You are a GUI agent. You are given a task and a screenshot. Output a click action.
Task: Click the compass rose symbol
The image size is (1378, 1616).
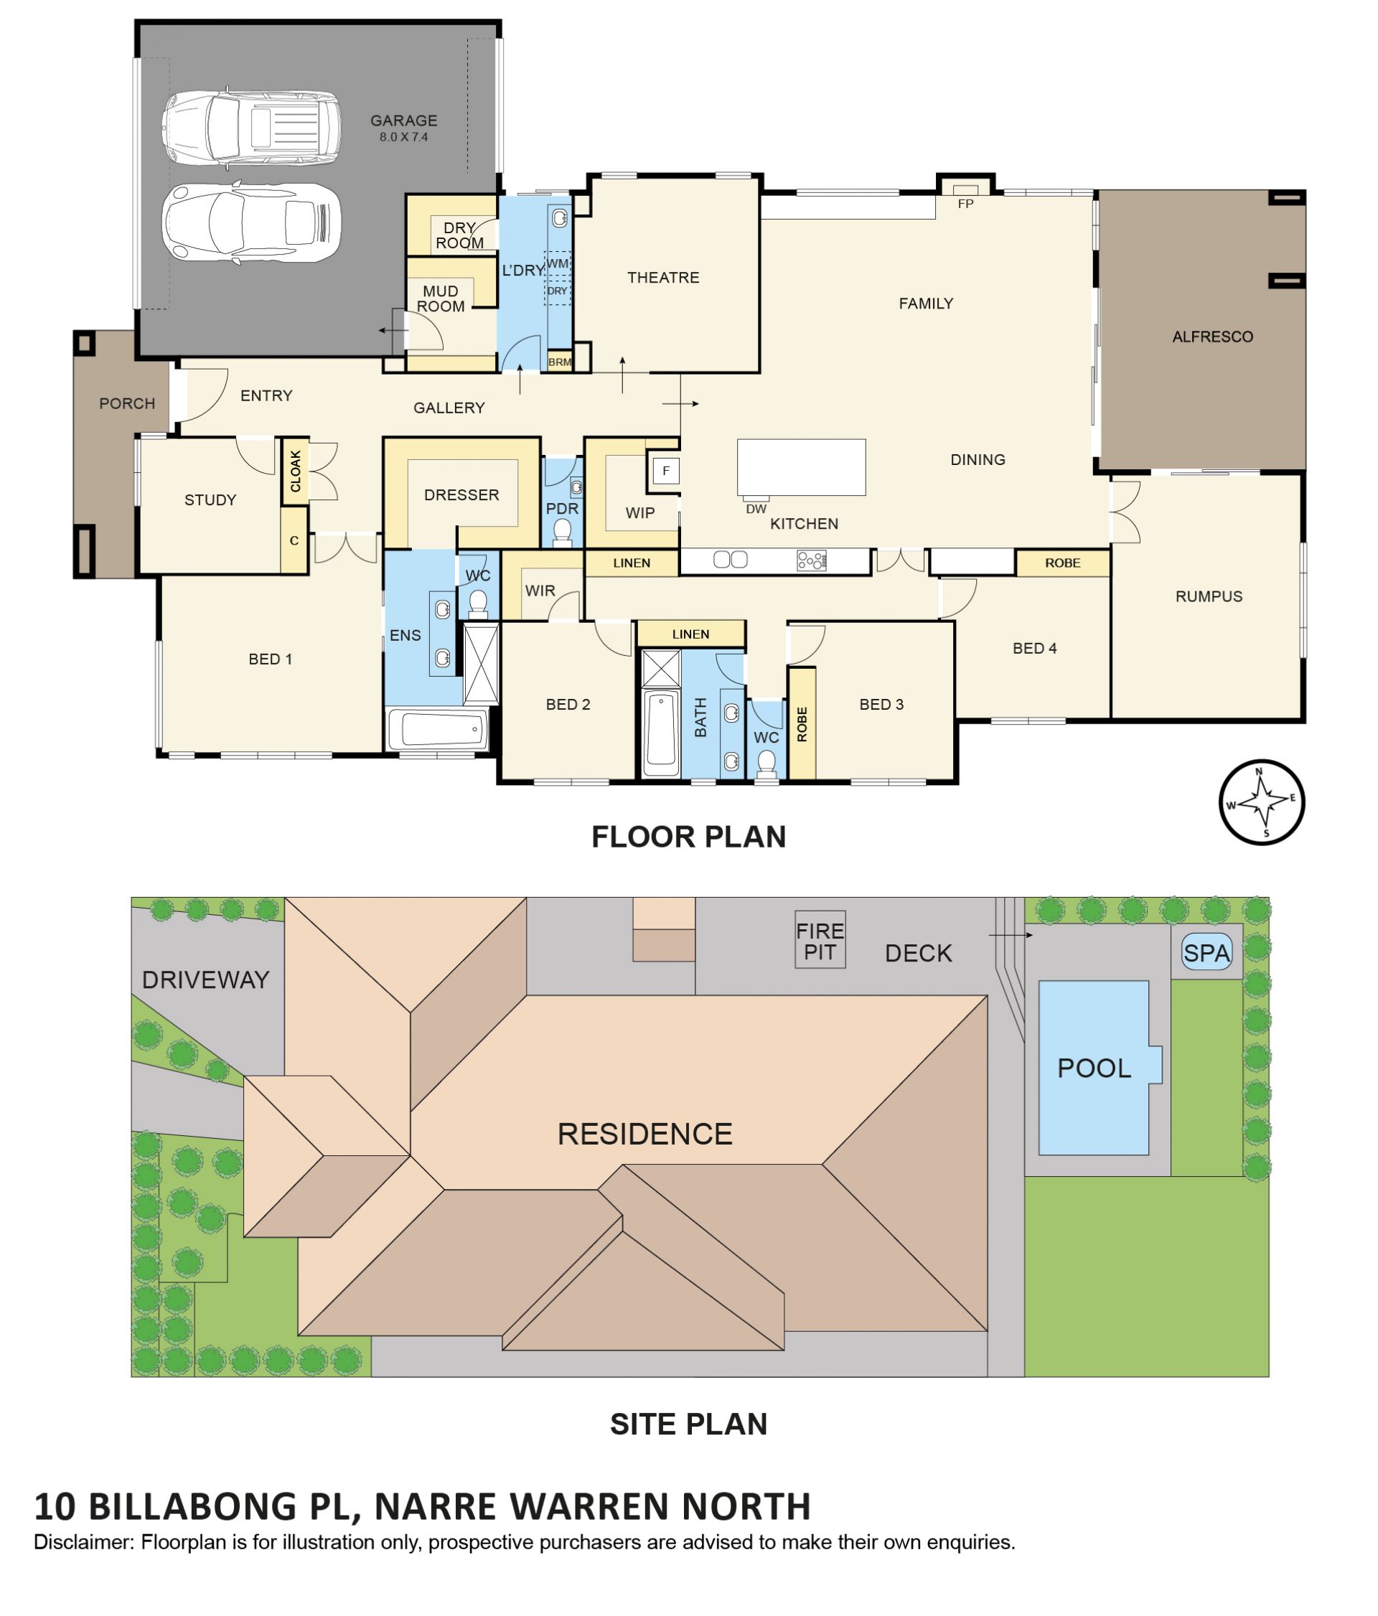pyautogui.click(x=1260, y=801)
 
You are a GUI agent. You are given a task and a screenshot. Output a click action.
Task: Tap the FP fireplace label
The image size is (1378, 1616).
pyautogui.click(x=965, y=204)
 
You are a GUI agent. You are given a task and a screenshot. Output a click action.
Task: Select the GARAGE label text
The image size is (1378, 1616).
pyautogui.click(x=403, y=121)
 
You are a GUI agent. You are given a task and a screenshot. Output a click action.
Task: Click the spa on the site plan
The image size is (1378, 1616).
pyautogui.click(x=1206, y=952)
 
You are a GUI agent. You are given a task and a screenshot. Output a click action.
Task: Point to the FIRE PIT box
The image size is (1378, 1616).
pyautogui.click(x=820, y=940)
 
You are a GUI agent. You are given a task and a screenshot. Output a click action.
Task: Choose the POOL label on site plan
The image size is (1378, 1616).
pyautogui.click(x=1093, y=1068)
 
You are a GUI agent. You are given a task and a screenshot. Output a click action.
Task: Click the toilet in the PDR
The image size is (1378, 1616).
pyautogui.click(x=561, y=532)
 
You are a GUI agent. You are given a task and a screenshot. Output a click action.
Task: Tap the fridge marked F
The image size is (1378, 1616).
pyautogui.click(x=665, y=470)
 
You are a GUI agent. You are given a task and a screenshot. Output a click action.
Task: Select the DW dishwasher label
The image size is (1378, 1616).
pyautogui.click(x=756, y=509)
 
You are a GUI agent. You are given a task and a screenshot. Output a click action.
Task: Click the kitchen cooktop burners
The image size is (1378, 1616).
pyautogui.click(x=811, y=560)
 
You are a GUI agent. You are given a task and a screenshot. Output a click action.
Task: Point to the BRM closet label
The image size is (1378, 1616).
pyautogui.click(x=559, y=362)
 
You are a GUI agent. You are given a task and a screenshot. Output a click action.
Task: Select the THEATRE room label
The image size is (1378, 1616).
pyautogui.click(x=663, y=278)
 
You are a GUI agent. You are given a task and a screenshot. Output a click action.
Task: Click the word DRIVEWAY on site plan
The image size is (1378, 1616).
pyautogui.click(x=205, y=980)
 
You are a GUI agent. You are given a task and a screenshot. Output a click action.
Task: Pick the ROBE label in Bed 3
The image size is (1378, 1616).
pyautogui.click(x=802, y=724)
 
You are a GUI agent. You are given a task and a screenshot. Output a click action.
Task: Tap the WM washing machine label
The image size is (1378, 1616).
pyautogui.click(x=557, y=263)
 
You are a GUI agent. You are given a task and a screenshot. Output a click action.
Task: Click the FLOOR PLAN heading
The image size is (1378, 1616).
pyautogui.click(x=688, y=837)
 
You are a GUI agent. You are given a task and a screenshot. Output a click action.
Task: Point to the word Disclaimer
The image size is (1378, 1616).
pyautogui.click(x=83, y=1542)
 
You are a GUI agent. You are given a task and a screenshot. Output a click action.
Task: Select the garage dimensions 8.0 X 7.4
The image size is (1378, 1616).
pyautogui.click(x=403, y=137)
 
